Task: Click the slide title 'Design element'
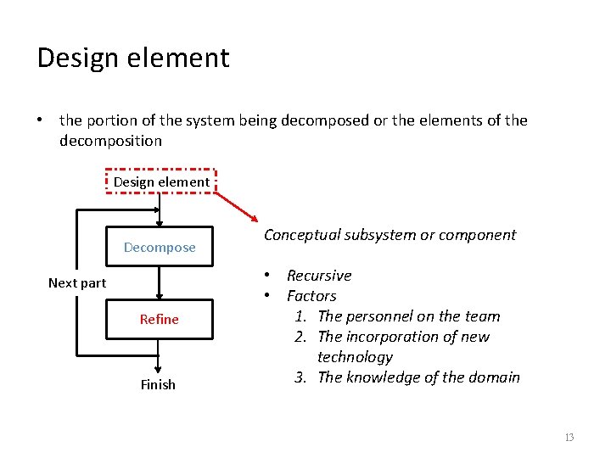click(x=133, y=59)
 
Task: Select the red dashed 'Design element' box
click(x=161, y=182)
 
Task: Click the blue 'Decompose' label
click(x=160, y=248)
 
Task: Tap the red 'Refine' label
click(x=160, y=320)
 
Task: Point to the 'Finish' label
click(x=158, y=385)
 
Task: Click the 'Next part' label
click(x=77, y=283)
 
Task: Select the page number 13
click(x=569, y=438)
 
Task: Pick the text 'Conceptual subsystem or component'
click(x=390, y=235)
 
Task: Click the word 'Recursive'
click(x=319, y=276)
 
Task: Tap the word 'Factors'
click(x=311, y=296)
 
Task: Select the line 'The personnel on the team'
click(x=408, y=316)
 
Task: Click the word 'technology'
click(x=355, y=357)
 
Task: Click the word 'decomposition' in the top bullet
click(x=110, y=140)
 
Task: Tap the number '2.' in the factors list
click(x=300, y=337)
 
